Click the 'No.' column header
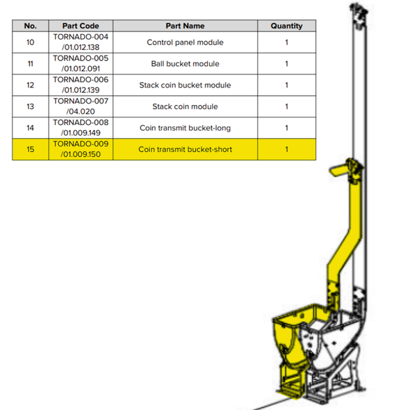coord(30,26)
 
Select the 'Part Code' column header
coord(80,26)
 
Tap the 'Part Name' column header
coord(185,26)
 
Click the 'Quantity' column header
coord(286,26)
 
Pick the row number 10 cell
coord(30,42)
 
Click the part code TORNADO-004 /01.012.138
coord(80,42)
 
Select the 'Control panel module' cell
coord(185,42)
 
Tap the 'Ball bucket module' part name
coord(185,64)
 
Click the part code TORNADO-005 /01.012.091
coord(80,64)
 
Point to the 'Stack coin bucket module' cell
coord(185,85)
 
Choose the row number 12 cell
coord(30,85)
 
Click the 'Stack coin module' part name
coord(185,106)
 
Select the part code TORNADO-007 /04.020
coord(80,106)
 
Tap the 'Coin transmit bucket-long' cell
coord(185,128)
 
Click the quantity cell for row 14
coord(286,128)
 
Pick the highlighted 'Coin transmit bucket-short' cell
coord(185,149)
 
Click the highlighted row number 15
coord(30,149)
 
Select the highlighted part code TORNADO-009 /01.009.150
coord(80,149)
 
